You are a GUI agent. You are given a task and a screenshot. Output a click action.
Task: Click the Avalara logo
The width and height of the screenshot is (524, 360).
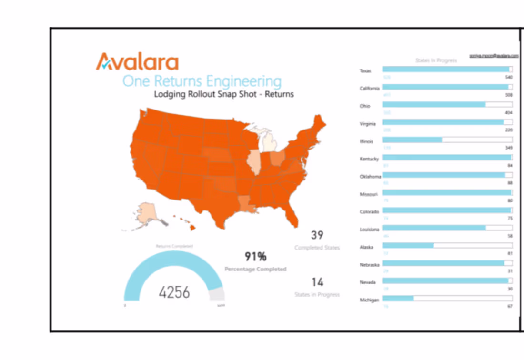pos(137,62)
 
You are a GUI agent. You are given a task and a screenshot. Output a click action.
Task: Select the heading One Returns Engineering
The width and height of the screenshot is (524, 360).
pos(202,80)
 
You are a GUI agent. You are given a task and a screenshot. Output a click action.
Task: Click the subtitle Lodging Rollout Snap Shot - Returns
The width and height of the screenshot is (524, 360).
pos(224,94)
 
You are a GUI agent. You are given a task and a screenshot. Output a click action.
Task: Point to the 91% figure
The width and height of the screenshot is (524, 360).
pos(255,257)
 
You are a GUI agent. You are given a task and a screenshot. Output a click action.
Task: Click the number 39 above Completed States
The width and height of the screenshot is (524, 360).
pos(317,235)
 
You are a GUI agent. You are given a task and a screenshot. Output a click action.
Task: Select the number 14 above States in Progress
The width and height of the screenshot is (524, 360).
pos(317,282)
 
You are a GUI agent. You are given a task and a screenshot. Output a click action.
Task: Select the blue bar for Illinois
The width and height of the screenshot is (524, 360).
pos(412,140)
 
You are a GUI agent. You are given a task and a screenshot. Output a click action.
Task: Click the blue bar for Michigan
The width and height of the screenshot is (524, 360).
pos(398,299)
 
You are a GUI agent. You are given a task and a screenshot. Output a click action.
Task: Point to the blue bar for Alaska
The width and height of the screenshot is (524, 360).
pos(408,246)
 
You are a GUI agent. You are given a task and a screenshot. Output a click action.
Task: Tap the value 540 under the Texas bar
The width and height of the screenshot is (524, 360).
pos(508,77)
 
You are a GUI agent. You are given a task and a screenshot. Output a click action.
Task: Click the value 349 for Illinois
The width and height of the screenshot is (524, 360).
pos(508,148)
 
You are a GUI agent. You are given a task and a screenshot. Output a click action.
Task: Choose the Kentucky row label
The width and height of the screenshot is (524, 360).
pos(369,159)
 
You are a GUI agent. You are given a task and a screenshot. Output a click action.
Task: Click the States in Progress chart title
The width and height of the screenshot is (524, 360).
pos(436,60)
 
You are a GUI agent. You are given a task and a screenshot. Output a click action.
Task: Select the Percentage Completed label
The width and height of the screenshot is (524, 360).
pos(255,269)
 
